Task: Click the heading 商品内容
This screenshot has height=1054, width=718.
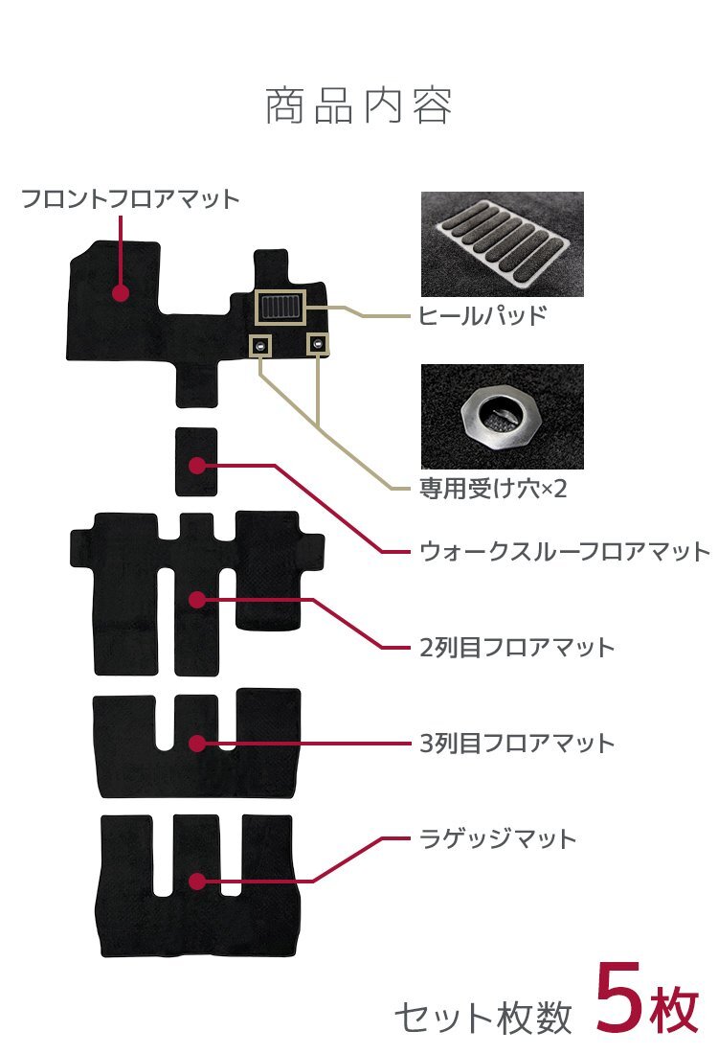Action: [x=358, y=106]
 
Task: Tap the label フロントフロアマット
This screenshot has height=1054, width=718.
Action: [x=130, y=199]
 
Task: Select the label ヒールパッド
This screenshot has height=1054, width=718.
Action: [x=482, y=315]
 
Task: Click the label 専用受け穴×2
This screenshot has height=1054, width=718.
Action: [x=494, y=489]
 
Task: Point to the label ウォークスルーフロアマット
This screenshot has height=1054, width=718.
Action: [x=565, y=551]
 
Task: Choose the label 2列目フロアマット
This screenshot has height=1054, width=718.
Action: [x=517, y=647]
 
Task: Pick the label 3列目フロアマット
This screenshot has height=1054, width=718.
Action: [x=517, y=743]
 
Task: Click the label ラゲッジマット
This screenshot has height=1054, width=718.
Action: [x=499, y=839]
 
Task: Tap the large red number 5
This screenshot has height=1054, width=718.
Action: [x=621, y=998]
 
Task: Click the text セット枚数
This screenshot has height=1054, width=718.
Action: [x=483, y=1018]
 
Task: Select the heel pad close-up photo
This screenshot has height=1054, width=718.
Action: [x=503, y=244]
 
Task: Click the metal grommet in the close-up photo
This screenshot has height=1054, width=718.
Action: [x=501, y=416]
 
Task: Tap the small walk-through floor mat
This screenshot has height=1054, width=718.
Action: [x=196, y=462]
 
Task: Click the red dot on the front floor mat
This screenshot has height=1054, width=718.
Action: [x=120, y=293]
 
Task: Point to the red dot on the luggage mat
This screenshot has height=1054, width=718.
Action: [x=197, y=881]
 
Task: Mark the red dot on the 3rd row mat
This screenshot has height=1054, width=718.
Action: [x=197, y=743]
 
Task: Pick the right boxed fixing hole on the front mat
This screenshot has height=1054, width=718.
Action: [x=318, y=343]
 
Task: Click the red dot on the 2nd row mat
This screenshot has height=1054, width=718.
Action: [x=197, y=600]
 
